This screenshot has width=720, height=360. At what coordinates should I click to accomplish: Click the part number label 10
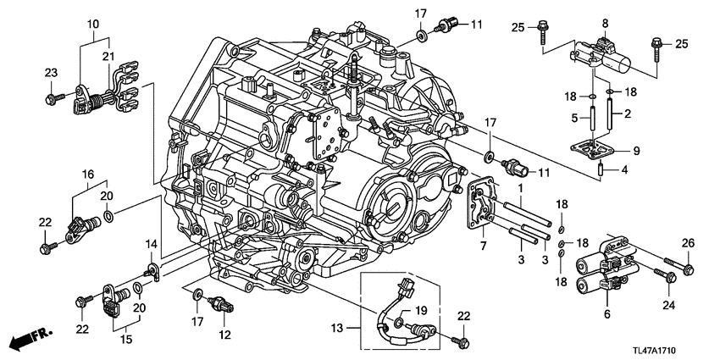(x=91, y=25)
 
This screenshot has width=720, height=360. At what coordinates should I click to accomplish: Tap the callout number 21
(x=107, y=56)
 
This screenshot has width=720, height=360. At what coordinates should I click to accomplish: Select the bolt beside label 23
(x=53, y=98)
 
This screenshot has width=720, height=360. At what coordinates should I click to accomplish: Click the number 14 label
(x=151, y=246)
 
